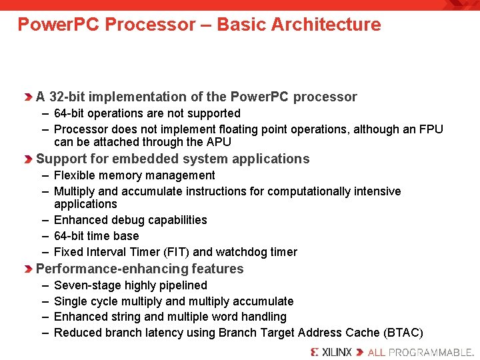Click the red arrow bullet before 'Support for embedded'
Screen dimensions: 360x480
(29, 159)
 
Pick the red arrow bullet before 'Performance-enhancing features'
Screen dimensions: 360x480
(29, 269)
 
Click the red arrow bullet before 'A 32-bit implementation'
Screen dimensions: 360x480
(29, 97)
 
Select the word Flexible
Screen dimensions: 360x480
(75, 175)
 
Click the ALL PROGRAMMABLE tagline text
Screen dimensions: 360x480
(420, 352)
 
